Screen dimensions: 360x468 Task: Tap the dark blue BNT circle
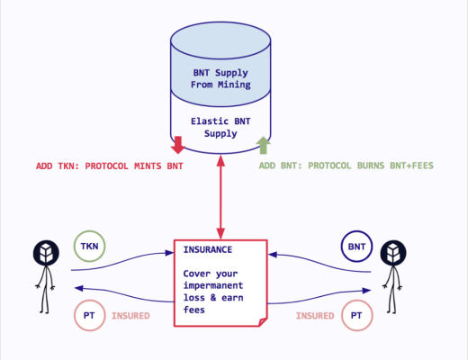click(x=355, y=246)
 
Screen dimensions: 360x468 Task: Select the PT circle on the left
click(x=87, y=316)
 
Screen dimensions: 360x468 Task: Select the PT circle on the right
click(x=356, y=316)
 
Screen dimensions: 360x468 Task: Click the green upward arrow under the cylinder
click(x=263, y=145)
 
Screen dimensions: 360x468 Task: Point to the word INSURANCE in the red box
click(x=209, y=249)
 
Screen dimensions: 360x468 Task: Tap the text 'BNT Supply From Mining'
click(x=220, y=79)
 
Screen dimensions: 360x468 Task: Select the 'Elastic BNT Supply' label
click(x=220, y=127)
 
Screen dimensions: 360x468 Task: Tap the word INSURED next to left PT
click(x=130, y=316)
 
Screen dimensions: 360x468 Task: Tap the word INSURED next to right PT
click(x=314, y=316)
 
